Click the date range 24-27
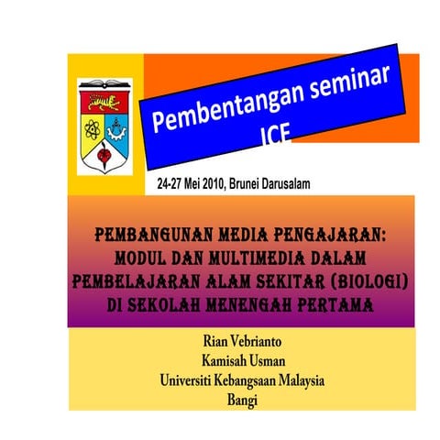pyautogui.click(x=171, y=183)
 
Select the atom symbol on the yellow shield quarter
pyautogui.click(x=91, y=125)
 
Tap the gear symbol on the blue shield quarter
pyautogui.click(x=115, y=125)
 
